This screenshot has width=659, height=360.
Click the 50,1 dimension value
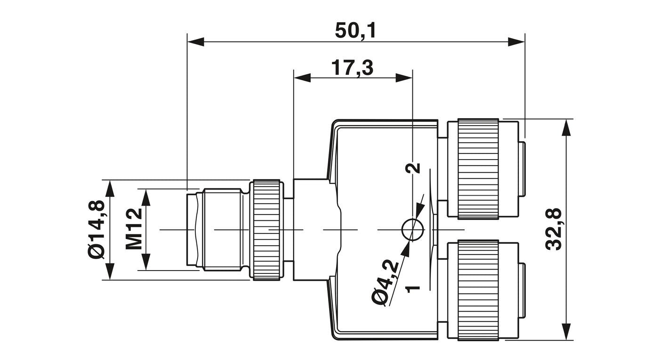tap(355, 31)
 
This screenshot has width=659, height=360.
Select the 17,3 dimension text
tap(352, 68)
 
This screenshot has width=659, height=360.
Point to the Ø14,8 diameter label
tap(96, 230)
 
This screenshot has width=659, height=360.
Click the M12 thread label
tap(134, 229)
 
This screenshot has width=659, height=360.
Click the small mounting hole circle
tap(413, 229)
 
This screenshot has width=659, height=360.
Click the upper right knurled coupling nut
tap(478, 168)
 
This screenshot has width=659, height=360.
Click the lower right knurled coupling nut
tap(478, 290)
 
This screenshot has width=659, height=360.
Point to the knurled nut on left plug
tap(266, 230)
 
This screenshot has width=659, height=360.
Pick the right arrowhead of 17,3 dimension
tap(404, 78)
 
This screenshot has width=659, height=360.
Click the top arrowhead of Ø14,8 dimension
tap(110, 188)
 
